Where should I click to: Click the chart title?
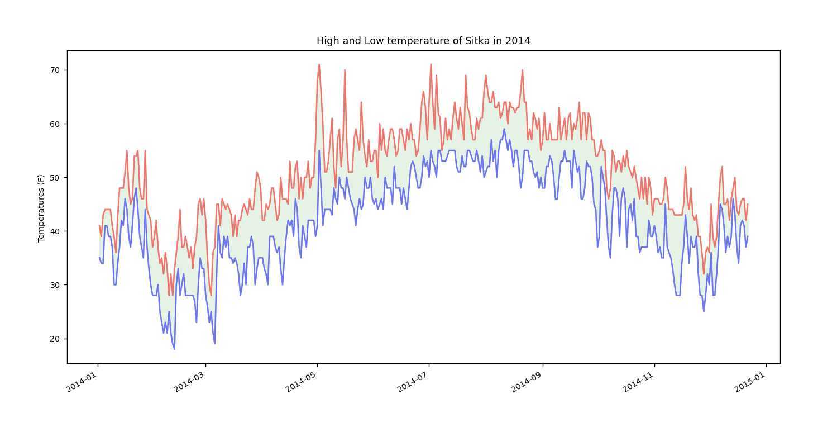click(423, 41)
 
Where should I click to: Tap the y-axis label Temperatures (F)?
click(41, 208)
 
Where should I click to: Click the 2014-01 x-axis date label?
click(82, 382)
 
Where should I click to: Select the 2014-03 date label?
click(189, 382)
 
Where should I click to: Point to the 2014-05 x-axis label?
click(302, 382)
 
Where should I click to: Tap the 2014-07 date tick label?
click(413, 382)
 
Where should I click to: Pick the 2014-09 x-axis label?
click(527, 382)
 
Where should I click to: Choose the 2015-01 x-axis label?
click(750, 382)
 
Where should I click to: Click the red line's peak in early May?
click(319, 64)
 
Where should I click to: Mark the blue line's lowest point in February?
click(174, 349)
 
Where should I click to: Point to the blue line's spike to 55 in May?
click(319, 150)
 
